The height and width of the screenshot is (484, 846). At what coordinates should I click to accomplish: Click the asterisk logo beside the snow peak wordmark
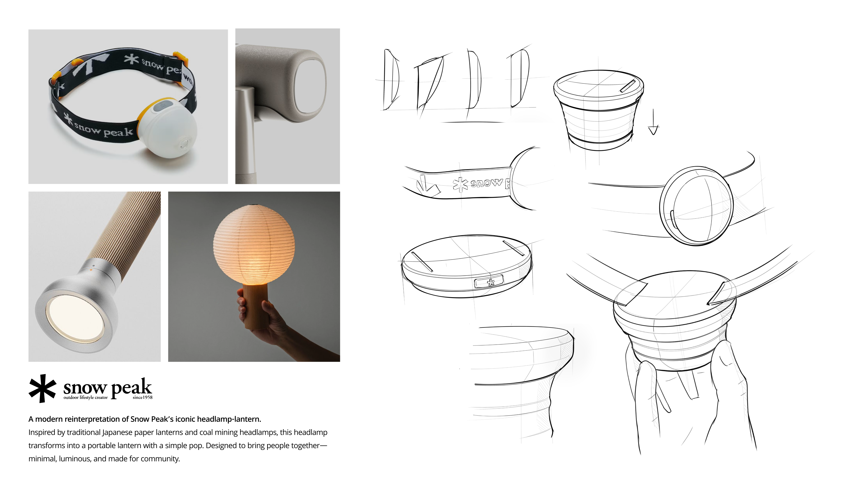(42, 388)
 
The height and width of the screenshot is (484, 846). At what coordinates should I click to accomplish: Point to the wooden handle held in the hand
(256, 306)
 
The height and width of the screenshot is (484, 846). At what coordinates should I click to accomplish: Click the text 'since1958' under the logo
(143, 397)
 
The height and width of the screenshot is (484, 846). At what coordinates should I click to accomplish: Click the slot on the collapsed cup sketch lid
(628, 86)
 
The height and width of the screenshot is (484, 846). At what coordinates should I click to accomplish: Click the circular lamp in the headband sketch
(696, 206)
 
